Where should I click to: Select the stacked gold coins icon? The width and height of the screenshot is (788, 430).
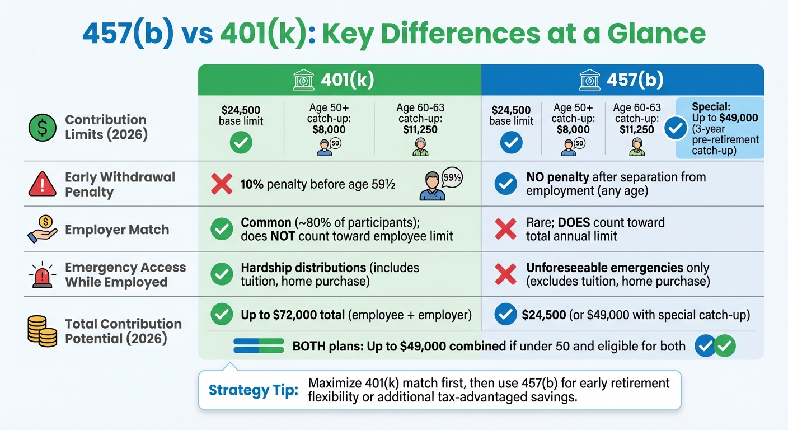click(x=42, y=331)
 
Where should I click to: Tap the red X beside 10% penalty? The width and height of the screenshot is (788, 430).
click(x=222, y=184)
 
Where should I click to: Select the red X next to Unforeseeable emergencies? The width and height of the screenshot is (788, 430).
click(x=506, y=274)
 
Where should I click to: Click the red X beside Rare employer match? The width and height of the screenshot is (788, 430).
click(x=506, y=229)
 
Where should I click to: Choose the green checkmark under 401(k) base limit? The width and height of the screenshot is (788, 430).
click(x=241, y=143)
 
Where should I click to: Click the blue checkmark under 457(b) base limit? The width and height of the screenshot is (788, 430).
click(x=511, y=143)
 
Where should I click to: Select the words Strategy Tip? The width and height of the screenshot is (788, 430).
click(x=254, y=390)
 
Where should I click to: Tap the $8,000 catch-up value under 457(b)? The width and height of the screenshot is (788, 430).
click(x=573, y=130)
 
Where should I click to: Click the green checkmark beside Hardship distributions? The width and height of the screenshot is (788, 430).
click(x=222, y=274)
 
